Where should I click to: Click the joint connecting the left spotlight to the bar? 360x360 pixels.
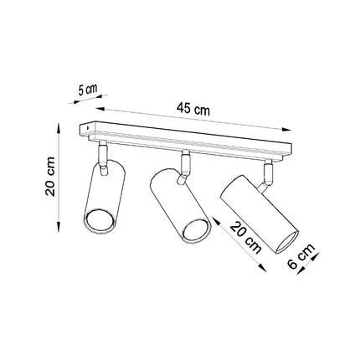[101, 157]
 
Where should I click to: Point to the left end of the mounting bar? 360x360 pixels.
[85, 129]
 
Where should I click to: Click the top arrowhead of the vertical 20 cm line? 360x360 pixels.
[58, 126]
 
